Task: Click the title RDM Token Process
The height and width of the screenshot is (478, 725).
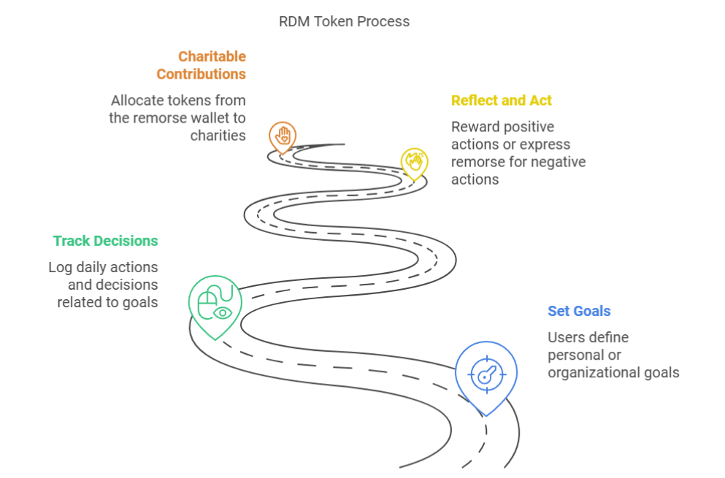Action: coord(344,21)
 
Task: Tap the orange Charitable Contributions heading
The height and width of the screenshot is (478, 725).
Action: coord(201,65)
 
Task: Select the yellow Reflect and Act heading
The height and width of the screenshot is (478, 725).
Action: coord(501,100)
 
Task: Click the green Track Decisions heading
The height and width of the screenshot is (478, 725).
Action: coord(105,241)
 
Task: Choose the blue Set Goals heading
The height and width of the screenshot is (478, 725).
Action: coord(579,311)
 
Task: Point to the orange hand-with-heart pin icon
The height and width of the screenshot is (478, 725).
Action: coord(282,136)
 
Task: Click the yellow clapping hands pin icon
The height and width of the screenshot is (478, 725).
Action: coord(414,162)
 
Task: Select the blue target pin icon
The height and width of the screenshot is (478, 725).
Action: coord(486,374)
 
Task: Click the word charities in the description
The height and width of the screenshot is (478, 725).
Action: coord(218,136)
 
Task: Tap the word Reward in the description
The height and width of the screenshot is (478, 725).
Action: coord(475,127)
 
